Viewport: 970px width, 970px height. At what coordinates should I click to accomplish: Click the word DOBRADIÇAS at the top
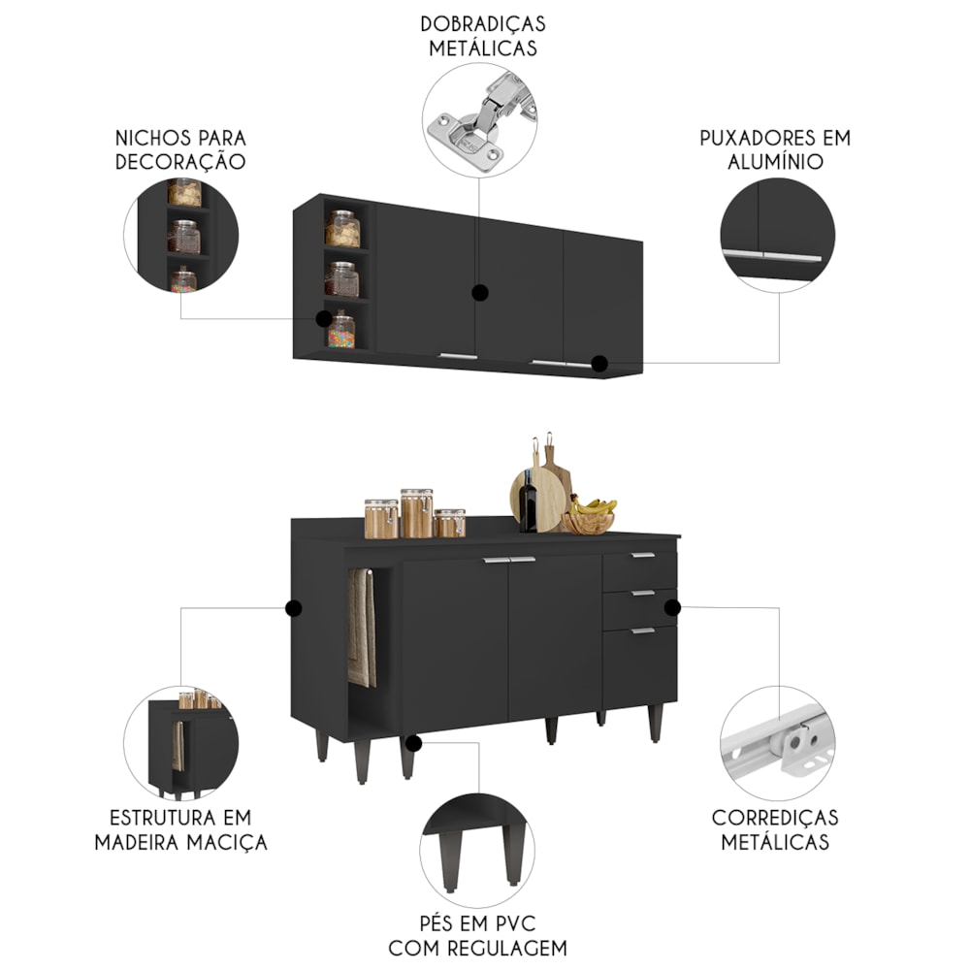tap(483, 24)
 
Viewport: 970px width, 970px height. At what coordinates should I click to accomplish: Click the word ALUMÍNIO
tap(775, 161)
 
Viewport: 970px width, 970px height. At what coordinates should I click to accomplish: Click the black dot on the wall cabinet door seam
tap(480, 293)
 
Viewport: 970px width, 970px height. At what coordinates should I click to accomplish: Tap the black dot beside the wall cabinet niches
tap(324, 318)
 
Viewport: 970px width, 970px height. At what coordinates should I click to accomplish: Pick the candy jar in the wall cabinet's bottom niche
tap(340, 331)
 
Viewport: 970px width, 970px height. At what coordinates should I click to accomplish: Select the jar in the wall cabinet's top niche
tap(342, 229)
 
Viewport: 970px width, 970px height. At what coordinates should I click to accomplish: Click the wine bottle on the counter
tap(529, 501)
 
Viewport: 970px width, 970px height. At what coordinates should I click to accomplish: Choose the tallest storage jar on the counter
tap(417, 513)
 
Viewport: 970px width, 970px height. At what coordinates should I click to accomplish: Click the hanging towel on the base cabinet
tap(362, 628)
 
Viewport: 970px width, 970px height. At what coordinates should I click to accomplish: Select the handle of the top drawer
tap(643, 555)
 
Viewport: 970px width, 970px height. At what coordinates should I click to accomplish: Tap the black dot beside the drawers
tap(672, 607)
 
